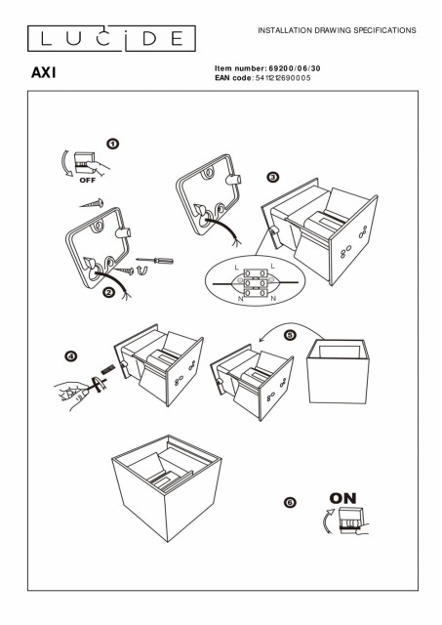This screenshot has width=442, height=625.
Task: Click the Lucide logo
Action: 111,38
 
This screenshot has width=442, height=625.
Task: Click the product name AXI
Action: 43,72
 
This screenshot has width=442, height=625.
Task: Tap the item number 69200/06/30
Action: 295,68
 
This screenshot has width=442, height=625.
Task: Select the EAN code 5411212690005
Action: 283,78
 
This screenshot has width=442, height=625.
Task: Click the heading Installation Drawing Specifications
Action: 337,30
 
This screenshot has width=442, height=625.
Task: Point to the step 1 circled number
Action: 112,144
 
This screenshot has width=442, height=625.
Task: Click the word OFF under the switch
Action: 88,180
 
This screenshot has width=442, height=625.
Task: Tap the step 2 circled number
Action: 108,293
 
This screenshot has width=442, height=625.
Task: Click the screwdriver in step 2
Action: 154,261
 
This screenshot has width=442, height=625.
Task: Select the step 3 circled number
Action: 272,177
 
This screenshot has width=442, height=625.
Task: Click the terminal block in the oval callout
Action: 255,282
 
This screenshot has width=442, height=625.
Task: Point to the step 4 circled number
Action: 70,356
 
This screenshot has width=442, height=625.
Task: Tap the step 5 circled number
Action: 290,335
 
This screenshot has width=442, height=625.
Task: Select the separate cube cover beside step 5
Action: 338,371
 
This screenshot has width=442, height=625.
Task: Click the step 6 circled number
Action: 290,502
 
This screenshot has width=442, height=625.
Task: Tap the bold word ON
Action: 342,498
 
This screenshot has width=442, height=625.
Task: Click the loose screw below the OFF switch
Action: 92,204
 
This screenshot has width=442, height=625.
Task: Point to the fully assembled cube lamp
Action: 167,488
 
